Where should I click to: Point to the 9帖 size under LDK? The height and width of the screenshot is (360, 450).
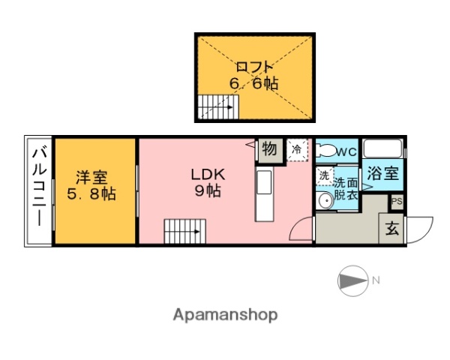tap(207, 191)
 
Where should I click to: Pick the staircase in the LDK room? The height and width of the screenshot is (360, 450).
tap(182, 230)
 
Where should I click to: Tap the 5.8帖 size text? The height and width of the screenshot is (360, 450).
tap(91, 195)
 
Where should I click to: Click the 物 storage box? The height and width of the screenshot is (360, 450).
tap(269, 149)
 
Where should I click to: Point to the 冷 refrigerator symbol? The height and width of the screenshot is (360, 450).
tap(297, 149)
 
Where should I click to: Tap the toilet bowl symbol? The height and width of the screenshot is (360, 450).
tap(324, 151)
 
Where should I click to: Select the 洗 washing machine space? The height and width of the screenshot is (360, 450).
tap(324, 177)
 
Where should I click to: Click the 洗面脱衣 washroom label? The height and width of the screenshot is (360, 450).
tap(346, 187)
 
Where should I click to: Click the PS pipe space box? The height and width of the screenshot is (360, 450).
tap(397, 202)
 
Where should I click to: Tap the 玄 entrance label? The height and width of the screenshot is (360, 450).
tap(392, 229)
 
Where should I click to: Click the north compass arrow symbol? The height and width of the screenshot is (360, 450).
tap(351, 280)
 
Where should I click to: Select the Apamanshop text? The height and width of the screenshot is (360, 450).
tap(225, 315)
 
